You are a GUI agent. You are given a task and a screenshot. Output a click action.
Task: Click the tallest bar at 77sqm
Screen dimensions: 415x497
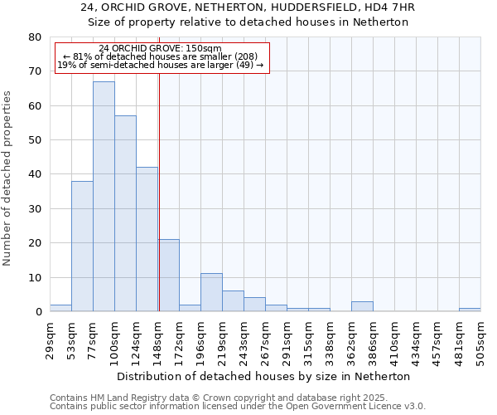pyautogui.click(x=104, y=197)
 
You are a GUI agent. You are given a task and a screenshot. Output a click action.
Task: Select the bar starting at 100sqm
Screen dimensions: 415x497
pyautogui.click(x=125, y=213)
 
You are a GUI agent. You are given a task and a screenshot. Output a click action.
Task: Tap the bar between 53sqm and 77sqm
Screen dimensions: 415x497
pyautogui.click(x=82, y=247)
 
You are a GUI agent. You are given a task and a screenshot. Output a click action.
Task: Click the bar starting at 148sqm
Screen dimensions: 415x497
pyautogui.click(x=169, y=276)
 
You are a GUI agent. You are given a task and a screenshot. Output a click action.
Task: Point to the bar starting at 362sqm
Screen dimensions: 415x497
pyautogui.click(x=362, y=306)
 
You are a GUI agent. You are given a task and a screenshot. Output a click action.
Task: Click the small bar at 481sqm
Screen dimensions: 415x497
pyautogui.click(x=470, y=310)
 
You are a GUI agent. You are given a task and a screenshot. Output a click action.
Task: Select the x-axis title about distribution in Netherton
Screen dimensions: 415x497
pyautogui.click(x=263, y=376)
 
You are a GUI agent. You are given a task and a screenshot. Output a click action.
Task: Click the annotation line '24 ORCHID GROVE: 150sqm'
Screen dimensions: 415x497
pyautogui.click(x=160, y=49)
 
